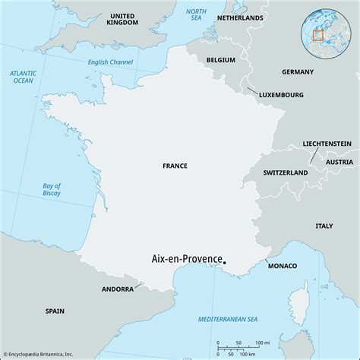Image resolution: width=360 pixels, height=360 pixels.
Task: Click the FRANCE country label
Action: click(x=175, y=165)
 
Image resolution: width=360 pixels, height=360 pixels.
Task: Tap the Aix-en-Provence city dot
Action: click(x=226, y=264)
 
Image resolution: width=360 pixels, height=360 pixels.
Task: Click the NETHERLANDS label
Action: click(x=240, y=17)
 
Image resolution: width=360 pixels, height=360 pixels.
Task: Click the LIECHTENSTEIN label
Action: click(x=326, y=143)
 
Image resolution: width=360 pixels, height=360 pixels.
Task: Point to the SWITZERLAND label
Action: click(x=286, y=173)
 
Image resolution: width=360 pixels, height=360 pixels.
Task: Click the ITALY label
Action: click(x=324, y=226)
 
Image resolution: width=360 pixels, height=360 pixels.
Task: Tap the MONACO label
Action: click(x=282, y=265)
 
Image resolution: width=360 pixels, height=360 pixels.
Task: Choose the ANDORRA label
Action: click(x=118, y=289)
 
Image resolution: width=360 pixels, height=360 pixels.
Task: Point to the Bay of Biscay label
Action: click(x=52, y=190)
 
